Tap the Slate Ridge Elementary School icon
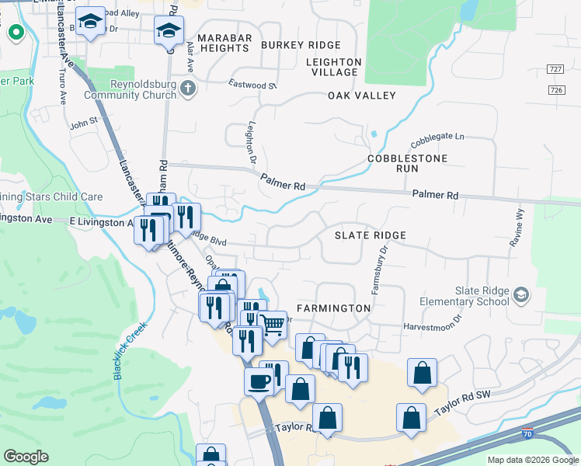(520, 294)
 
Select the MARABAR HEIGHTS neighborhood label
(222, 43)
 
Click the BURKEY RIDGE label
(290, 45)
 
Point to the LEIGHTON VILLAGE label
(334, 67)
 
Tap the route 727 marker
(555, 69)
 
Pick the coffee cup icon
(259, 381)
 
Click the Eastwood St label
(252, 84)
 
